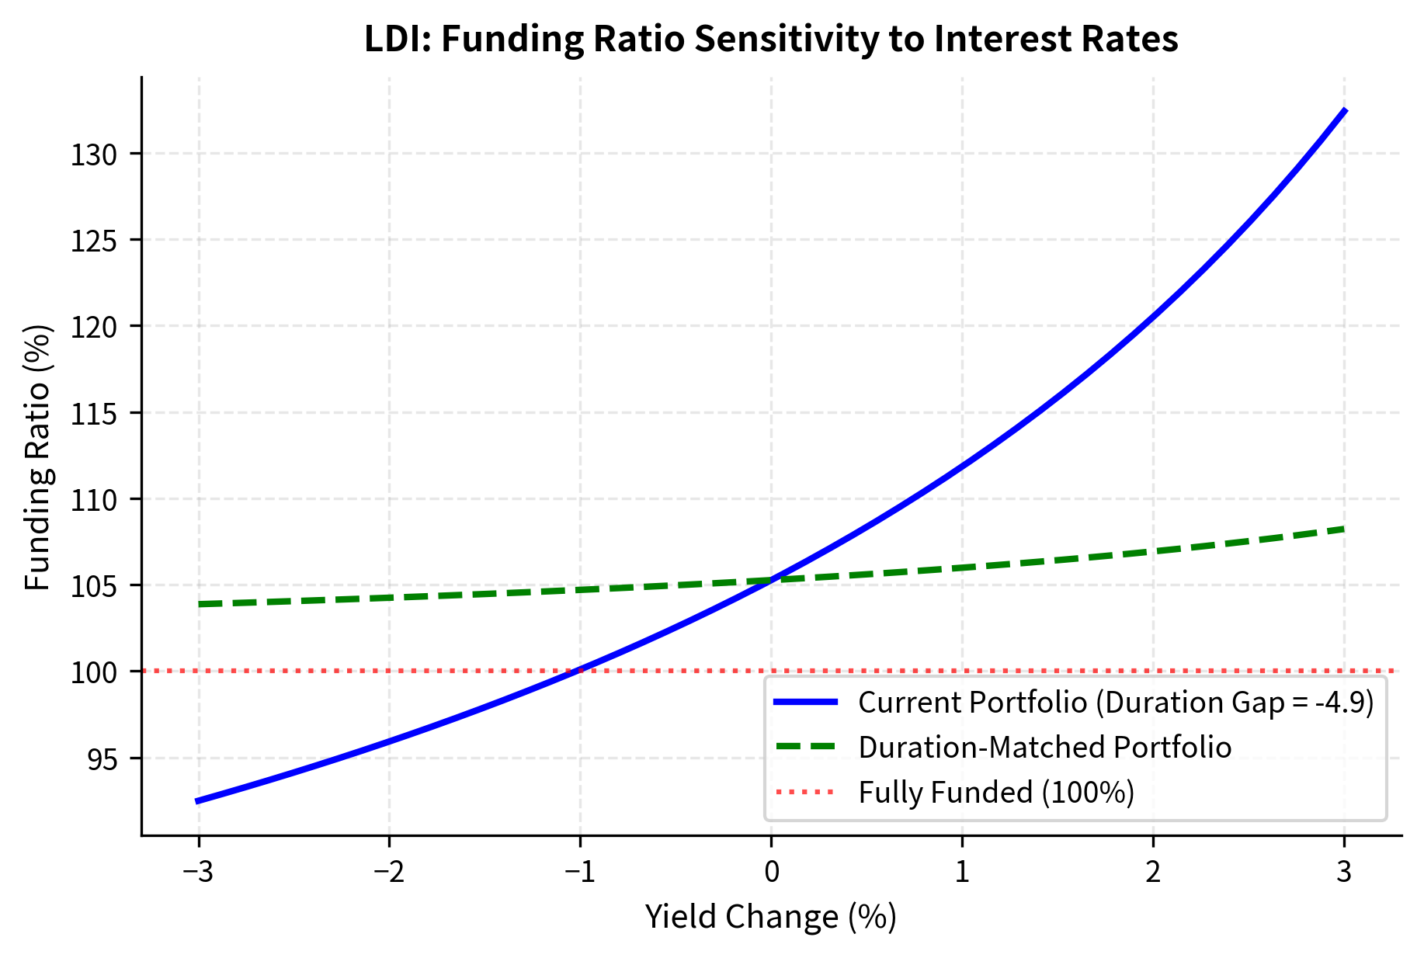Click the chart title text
point(771,40)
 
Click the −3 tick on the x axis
point(199,872)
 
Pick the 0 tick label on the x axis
point(771,872)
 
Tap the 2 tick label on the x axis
point(1153,872)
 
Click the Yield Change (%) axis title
point(771,917)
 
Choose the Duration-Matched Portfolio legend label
point(1044,747)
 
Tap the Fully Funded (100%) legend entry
point(996,792)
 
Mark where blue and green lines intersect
point(771,579)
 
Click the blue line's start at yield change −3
point(197,800)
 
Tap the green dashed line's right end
point(1344,529)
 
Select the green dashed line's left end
point(200,604)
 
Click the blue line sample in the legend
point(805,702)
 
